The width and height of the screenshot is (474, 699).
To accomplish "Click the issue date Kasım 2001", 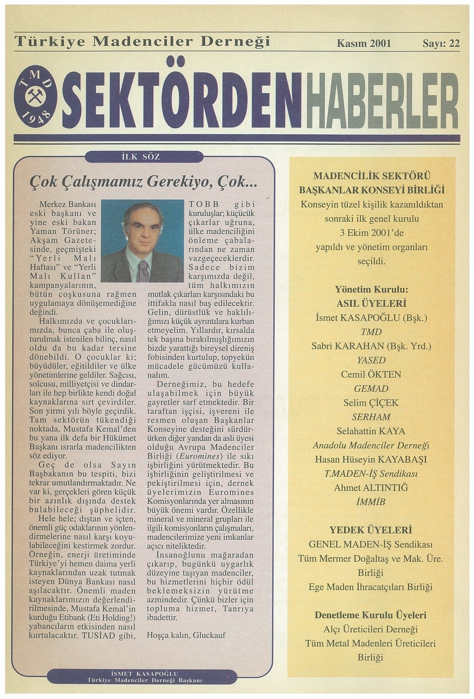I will (x=363, y=43).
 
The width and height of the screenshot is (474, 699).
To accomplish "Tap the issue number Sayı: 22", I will (x=441, y=43).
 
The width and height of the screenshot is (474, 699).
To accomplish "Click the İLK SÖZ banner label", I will (x=144, y=157).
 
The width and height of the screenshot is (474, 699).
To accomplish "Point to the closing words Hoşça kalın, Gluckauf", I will (x=186, y=635).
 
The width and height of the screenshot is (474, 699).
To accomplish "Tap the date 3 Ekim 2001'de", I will (x=372, y=233).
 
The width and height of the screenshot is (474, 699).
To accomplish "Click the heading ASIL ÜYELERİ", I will (x=372, y=303).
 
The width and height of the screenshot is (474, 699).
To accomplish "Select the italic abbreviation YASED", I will (x=371, y=360).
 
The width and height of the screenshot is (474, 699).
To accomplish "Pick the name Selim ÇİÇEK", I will (x=371, y=403).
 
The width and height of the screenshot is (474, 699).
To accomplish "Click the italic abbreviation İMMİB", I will (x=371, y=502).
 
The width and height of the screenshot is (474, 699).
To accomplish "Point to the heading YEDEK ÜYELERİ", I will (x=371, y=530).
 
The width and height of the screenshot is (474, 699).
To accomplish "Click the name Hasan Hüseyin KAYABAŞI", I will (x=371, y=459).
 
